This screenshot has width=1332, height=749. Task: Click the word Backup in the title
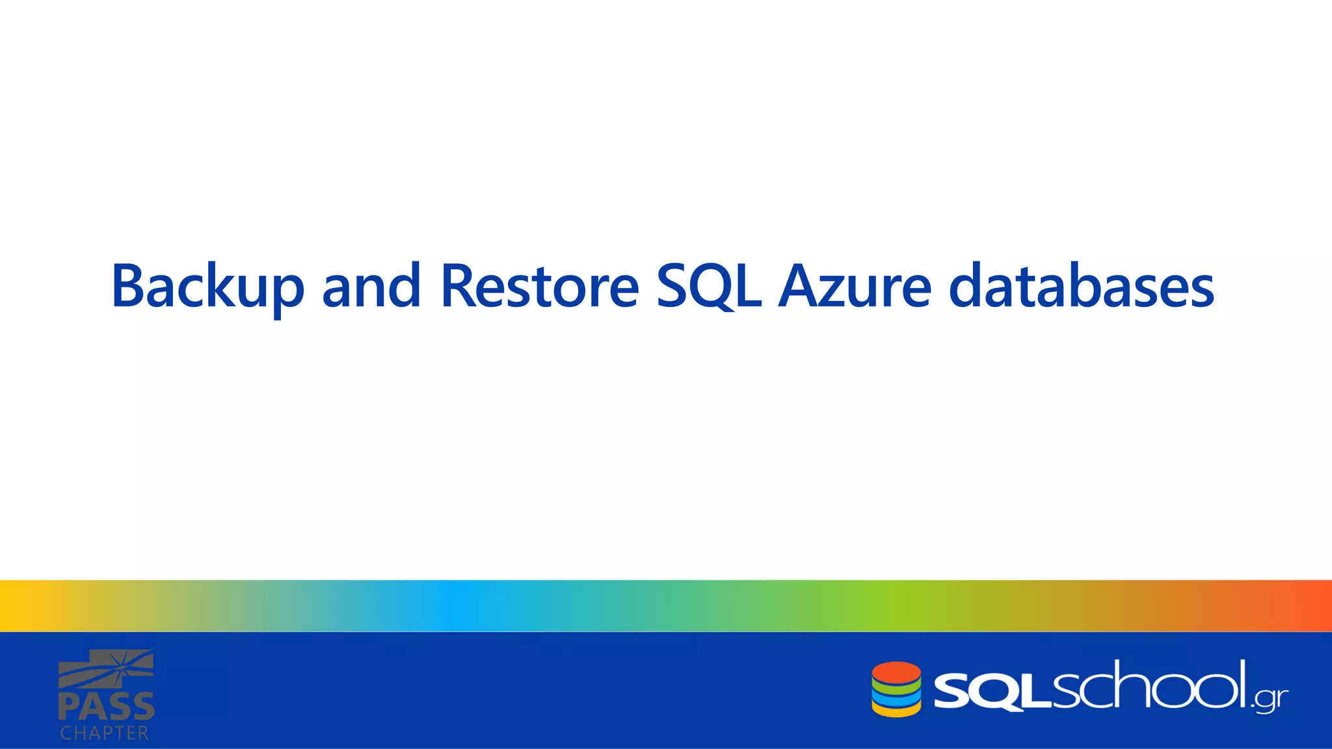[207, 287]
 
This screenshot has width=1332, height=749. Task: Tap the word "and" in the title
[371, 287]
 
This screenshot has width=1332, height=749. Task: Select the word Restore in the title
[540, 287]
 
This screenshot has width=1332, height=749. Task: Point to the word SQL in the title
[709, 287]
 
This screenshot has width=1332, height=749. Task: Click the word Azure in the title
[855, 287]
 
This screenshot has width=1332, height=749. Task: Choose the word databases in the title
[1081, 287]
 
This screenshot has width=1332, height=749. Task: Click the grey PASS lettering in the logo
[107, 707]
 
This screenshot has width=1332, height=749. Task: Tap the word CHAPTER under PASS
[105, 733]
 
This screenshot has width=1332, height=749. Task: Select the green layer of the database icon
[896, 688]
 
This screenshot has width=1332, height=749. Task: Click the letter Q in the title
[712, 287]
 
